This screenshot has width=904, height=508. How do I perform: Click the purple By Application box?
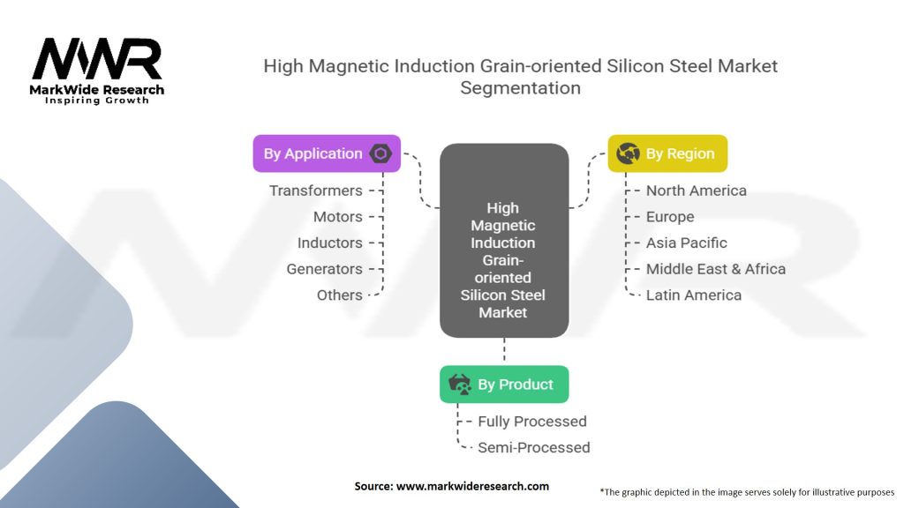(327, 153)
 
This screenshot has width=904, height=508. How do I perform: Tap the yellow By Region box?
(667, 153)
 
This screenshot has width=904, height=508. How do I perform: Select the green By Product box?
(504, 385)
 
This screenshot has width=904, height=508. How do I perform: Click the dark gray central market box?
(503, 241)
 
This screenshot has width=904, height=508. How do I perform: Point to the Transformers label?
(315, 190)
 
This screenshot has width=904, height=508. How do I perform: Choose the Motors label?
(337, 217)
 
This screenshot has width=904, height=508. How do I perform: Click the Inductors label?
(329, 243)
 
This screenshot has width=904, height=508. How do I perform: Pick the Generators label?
(324, 269)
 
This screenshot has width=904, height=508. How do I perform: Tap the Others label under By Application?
(339, 295)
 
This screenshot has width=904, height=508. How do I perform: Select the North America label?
(696, 190)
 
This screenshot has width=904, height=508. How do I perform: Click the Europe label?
(670, 217)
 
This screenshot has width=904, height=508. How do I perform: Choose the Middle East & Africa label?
(715, 269)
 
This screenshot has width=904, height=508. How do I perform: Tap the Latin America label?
(693, 295)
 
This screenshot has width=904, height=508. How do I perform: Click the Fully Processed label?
(531, 422)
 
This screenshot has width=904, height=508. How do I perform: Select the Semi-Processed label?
(533, 447)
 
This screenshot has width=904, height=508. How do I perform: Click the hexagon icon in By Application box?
(380, 153)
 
